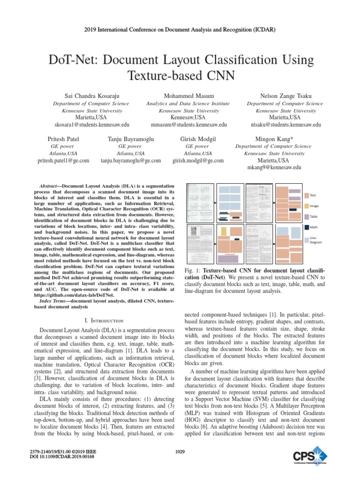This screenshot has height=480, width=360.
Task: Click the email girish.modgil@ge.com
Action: pos(198,160)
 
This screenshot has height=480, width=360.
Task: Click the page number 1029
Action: pos(180,451)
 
